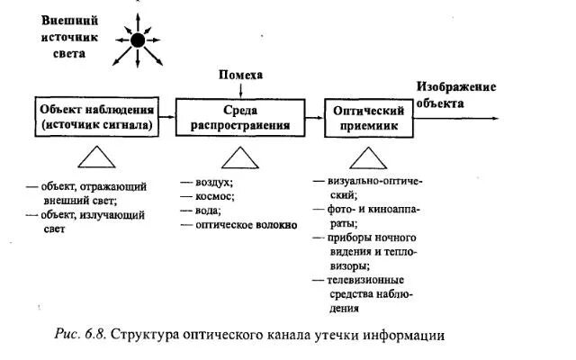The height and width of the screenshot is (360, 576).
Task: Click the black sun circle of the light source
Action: (138, 40)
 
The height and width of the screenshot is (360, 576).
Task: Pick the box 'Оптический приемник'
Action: (370, 118)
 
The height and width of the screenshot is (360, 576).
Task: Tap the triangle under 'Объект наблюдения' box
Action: (96, 159)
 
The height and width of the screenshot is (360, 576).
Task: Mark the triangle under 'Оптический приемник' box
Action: (369, 159)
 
